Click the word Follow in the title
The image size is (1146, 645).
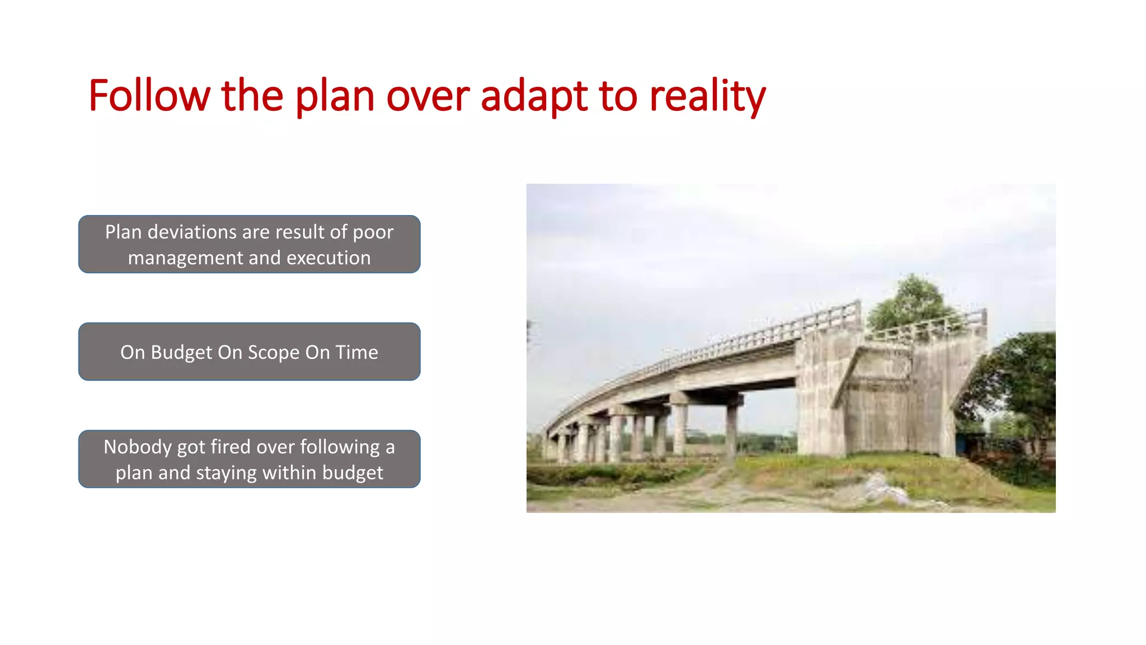coord(149,96)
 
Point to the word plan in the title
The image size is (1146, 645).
coord(334,96)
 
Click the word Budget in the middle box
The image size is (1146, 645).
coord(181,352)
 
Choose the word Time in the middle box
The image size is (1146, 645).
coord(356,352)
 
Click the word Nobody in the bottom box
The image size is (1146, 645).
coord(138,447)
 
